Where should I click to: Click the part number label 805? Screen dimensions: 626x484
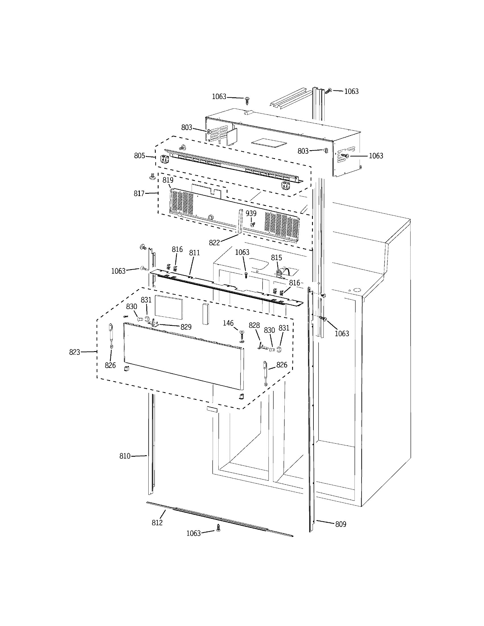point(139,156)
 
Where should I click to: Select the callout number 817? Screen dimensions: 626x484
point(139,193)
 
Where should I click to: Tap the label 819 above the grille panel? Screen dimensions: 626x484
point(168,180)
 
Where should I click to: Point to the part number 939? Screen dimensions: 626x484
point(251,213)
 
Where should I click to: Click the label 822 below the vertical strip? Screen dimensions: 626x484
point(214,243)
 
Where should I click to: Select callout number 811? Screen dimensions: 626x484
point(194,253)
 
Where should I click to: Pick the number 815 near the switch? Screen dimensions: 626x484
point(276,258)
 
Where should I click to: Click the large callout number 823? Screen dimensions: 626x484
point(75,352)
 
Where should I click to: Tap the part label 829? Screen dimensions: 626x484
point(186,327)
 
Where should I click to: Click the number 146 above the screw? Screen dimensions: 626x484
point(228,323)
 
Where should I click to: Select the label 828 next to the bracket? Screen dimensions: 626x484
point(254,325)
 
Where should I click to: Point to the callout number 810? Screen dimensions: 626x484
point(125,456)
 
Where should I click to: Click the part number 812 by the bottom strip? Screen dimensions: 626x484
point(157,522)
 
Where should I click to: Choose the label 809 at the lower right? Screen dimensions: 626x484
point(341,524)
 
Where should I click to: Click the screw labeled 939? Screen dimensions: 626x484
point(253,225)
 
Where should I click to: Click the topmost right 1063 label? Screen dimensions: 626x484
point(351,91)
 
